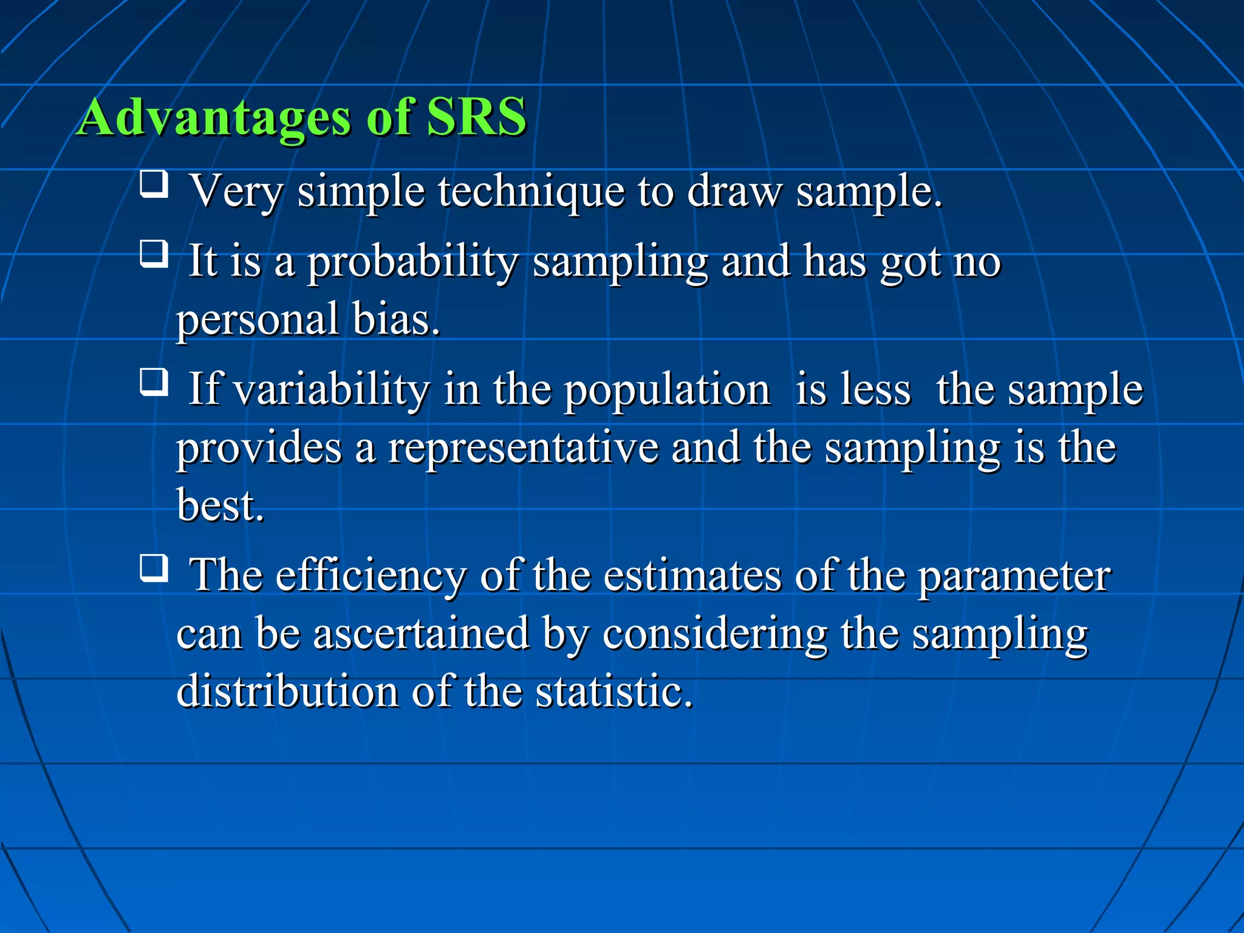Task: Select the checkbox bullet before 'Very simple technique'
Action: tap(154, 184)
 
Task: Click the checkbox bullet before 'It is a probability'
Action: tap(154, 254)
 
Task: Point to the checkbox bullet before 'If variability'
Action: tap(154, 382)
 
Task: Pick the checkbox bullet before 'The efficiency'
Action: tap(154, 568)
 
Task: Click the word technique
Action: tap(531, 192)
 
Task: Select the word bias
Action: tap(395, 320)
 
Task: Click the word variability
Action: tap(332, 390)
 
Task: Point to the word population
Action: tap(667, 391)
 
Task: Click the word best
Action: tap(220, 505)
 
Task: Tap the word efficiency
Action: tap(371, 576)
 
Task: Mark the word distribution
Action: tap(287, 691)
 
